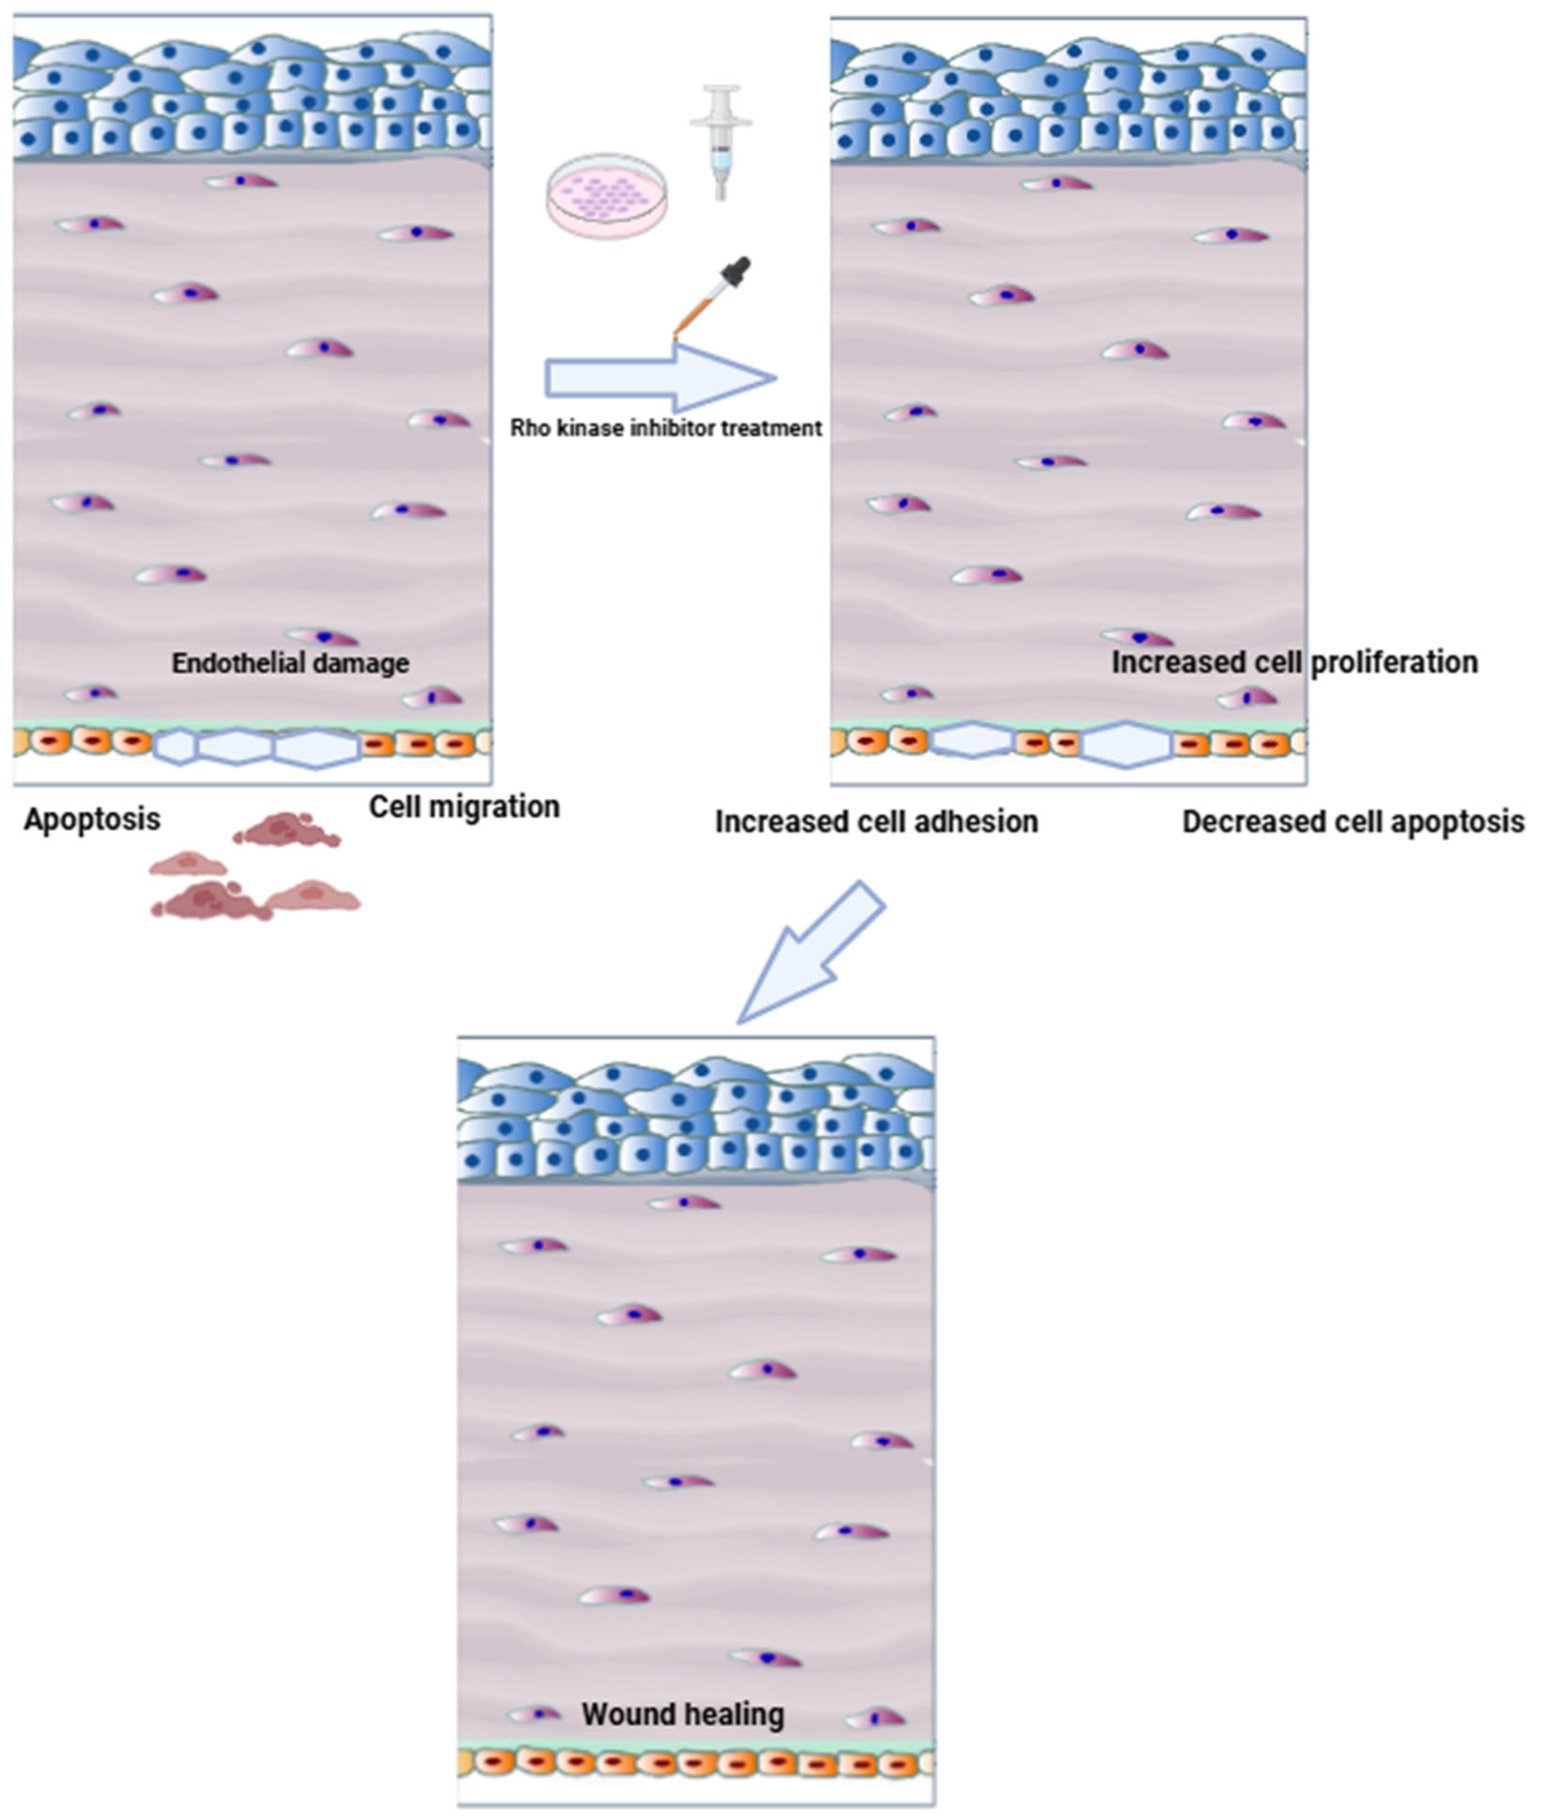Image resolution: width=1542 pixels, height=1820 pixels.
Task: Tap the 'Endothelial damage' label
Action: (290, 662)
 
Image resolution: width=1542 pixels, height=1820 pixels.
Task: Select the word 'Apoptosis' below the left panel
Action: (92, 819)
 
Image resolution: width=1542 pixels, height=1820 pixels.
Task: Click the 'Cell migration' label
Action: (464, 806)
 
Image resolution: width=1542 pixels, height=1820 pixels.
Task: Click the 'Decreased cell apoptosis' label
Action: (1352, 821)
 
